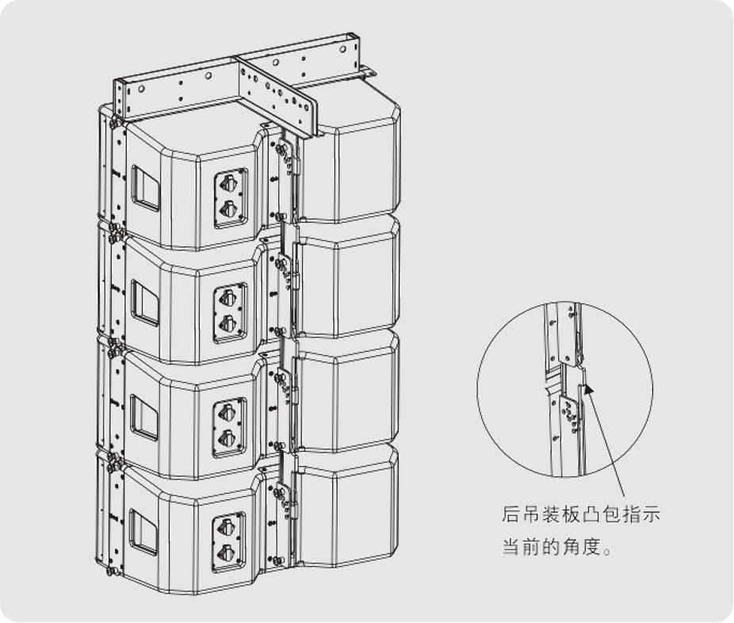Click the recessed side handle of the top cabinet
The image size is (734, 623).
point(145,187)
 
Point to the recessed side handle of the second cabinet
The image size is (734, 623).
point(144,303)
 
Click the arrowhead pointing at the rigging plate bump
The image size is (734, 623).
point(587,389)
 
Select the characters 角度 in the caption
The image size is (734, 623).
point(580,547)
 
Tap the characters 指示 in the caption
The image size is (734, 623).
point(640,514)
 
